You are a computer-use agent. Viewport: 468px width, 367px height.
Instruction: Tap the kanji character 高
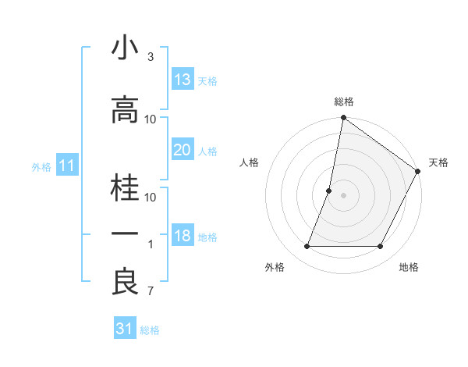[x=126, y=110]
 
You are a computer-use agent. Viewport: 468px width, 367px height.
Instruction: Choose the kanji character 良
[x=126, y=282]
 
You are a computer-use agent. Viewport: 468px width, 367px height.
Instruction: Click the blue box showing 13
[x=182, y=79]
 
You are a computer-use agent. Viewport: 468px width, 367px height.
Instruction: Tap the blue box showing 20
[x=182, y=150]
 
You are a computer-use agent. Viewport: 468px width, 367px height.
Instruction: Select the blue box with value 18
[x=182, y=236]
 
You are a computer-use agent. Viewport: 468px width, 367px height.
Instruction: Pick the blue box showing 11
[x=66, y=166]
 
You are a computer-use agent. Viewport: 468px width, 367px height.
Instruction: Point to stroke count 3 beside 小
[x=150, y=57]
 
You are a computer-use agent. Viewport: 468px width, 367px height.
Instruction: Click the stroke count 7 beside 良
[x=150, y=292]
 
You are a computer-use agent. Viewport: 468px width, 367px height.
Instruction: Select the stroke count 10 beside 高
[x=151, y=119]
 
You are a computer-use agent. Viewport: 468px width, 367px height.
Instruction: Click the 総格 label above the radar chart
[x=344, y=102]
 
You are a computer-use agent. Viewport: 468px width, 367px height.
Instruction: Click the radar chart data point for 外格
[x=307, y=247]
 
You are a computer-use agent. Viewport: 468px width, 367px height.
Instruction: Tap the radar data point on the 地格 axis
[x=381, y=247]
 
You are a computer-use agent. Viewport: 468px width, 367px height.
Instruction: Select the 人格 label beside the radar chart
[x=249, y=162]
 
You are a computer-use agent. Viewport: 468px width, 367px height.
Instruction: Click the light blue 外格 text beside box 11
[x=41, y=166]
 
